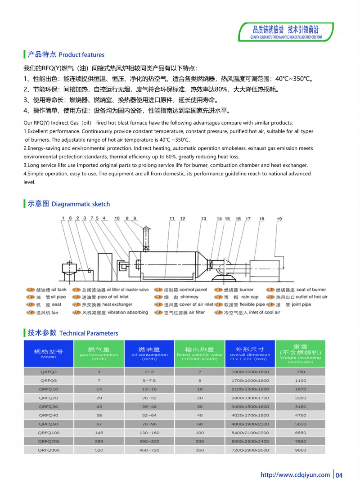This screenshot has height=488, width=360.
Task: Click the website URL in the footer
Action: pos(295,475)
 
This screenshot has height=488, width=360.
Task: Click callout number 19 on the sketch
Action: pos(279,219)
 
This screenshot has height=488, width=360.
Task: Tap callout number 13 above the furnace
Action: pos(203,219)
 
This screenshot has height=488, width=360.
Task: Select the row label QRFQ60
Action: pos(48,424)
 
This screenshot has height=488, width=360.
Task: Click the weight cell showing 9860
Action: pos(300,450)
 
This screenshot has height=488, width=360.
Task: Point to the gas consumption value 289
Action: pos(99,441)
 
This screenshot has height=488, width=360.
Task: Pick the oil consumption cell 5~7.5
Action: pos(149,381)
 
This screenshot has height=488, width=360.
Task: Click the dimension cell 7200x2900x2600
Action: pos(250,450)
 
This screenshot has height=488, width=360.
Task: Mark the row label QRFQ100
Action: pos(48,433)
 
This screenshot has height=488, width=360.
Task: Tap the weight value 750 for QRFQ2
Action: pos(300,372)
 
